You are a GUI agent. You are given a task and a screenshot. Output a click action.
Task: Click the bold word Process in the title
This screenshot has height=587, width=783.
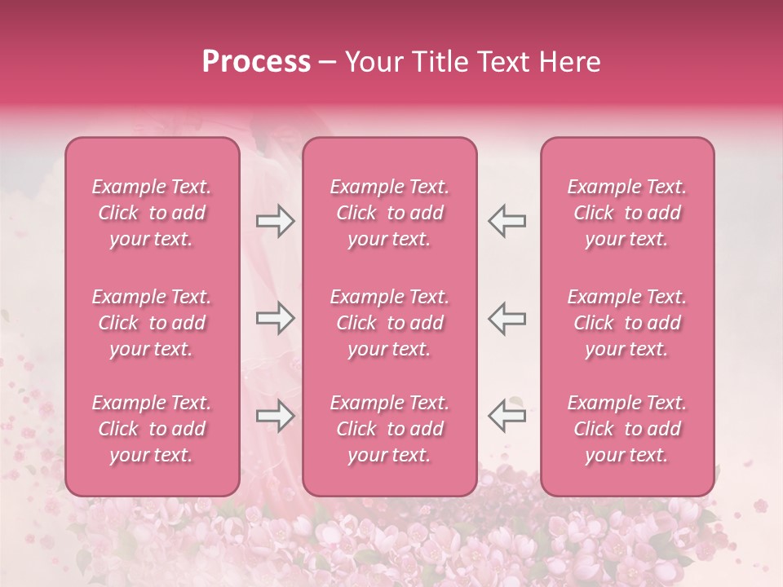click(x=256, y=62)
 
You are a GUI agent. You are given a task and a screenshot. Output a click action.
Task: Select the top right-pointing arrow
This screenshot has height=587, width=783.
click(x=276, y=220)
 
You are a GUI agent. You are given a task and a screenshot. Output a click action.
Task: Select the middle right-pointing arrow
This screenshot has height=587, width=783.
click(x=276, y=318)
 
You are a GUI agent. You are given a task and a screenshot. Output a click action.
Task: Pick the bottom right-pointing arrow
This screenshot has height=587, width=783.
click(x=276, y=416)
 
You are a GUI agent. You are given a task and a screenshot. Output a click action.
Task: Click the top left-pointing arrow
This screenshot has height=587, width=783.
click(x=507, y=220)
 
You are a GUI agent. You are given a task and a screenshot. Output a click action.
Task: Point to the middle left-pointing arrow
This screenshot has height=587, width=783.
click(x=507, y=318)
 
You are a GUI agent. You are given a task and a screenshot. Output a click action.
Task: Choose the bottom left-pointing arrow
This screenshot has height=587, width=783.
click(x=507, y=416)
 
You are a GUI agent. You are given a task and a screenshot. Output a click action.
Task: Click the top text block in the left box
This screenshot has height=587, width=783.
click(x=152, y=213)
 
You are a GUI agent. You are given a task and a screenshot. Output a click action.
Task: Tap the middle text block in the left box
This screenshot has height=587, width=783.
click(x=152, y=323)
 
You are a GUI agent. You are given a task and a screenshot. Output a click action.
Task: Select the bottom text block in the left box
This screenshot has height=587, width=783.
click(x=152, y=429)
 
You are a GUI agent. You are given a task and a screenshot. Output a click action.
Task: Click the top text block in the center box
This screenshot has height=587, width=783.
click(x=389, y=213)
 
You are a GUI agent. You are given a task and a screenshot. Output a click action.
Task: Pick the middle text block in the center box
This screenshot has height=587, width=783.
click(x=389, y=323)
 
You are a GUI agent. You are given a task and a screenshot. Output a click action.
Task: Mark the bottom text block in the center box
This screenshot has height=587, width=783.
click(x=389, y=429)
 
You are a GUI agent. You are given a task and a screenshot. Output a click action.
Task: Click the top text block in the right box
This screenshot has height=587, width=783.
click(x=626, y=213)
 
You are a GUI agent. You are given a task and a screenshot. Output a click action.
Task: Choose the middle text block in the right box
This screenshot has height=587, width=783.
click(x=626, y=323)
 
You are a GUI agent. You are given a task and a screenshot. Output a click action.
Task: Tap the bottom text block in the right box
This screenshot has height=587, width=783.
click(x=626, y=429)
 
